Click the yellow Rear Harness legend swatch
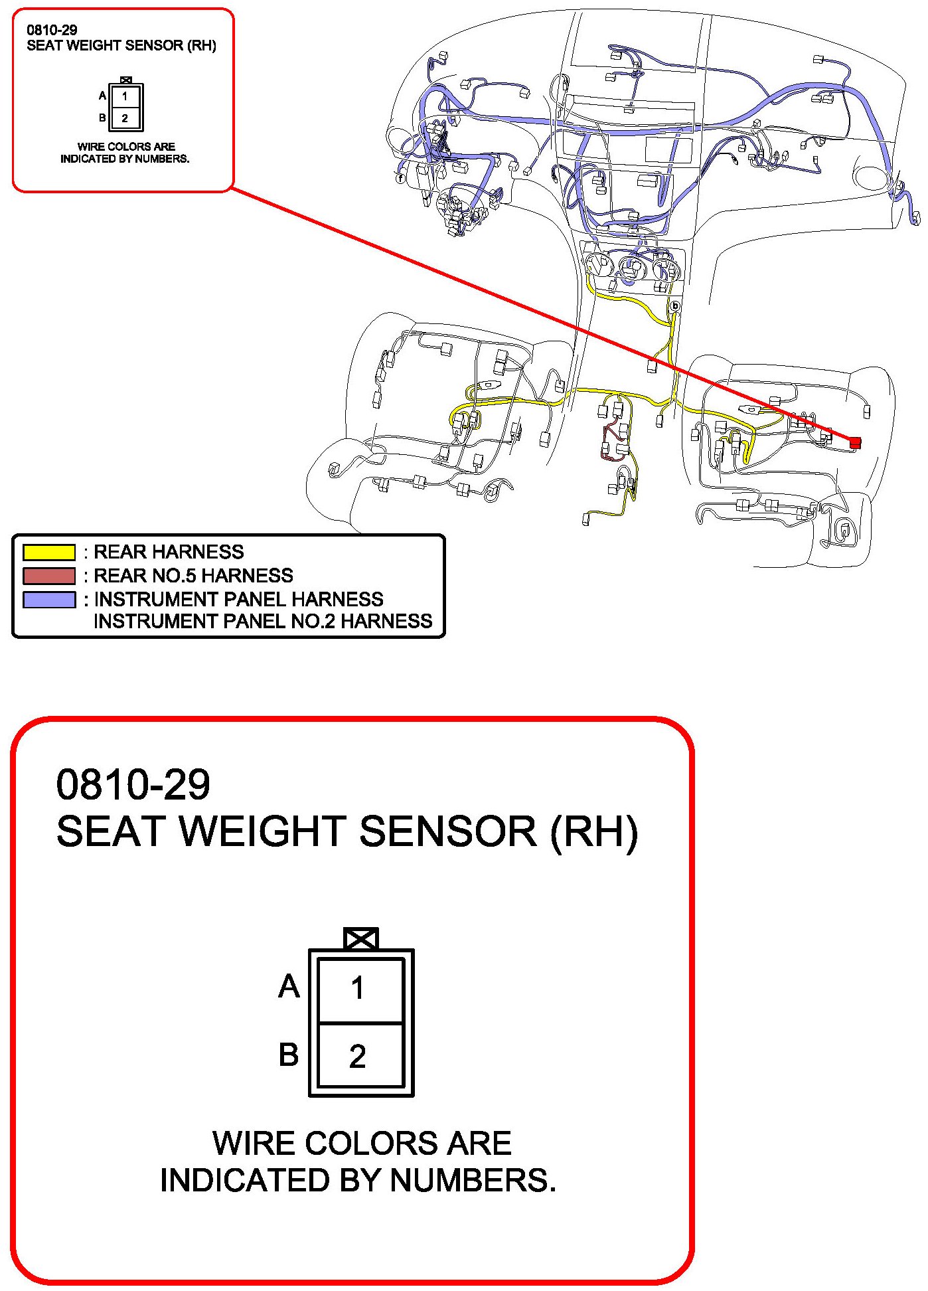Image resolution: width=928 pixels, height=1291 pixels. pyautogui.click(x=49, y=553)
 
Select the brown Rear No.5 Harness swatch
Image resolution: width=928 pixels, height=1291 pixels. pyautogui.click(x=49, y=576)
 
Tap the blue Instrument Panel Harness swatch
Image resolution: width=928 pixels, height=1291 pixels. pyautogui.click(x=49, y=600)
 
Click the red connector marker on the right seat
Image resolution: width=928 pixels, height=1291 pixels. pyautogui.click(x=855, y=442)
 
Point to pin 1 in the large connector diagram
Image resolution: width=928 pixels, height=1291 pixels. pyautogui.click(x=358, y=988)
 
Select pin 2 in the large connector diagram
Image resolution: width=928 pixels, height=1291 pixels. pyautogui.click(x=358, y=1057)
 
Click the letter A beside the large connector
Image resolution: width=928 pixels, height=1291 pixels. pyautogui.click(x=289, y=986)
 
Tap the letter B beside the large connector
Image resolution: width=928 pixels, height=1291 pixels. pyautogui.click(x=289, y=1055)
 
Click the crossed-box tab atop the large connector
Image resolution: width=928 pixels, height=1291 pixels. pyautogui.click(x=361, y=938)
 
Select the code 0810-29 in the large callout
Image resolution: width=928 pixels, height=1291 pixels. pyautogui.click(x=133, y=784)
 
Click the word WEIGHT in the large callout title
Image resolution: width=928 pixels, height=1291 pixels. pyautogui.click(x=266, y=831)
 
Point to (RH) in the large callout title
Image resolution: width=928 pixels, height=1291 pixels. pyautogui.click(x=594, y=831)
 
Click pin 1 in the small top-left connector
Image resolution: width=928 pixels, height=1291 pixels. pyautogui.click(x=125, y=96)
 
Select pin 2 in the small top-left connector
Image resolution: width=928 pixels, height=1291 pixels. pyautogui.click(x=125, y=118)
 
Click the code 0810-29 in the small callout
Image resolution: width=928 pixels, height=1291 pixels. pyautogui.click(x=52, y=30)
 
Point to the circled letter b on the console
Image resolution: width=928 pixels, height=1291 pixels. pyautogui.click(x=675, y=306)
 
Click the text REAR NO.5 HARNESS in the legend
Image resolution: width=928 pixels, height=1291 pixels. pyautogui.click(x=193, y=576)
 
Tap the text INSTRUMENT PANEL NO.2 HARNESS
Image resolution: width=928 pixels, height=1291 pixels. pyautogui.click(x=263, y=622)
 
